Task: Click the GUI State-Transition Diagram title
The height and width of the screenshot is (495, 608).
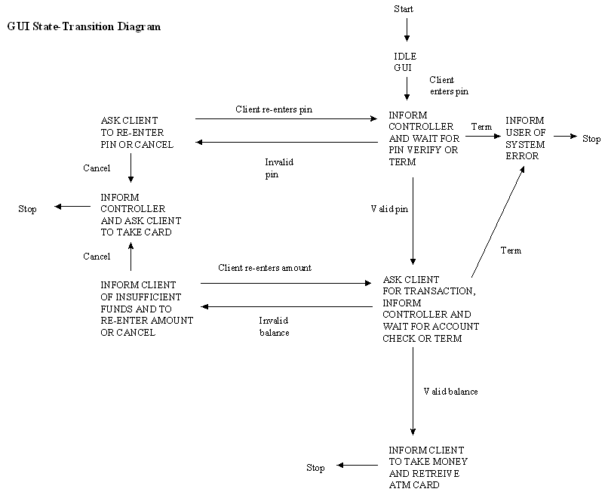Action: pyautogui.click(x=84, y=26)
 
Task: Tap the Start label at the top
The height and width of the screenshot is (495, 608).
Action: pyautogui.click(x=404, y=9)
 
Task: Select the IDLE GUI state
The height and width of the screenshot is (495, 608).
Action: pyautogui.click(x=405, y=62)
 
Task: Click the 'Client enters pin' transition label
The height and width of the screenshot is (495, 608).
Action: pyautogui.click(x=449, y=85)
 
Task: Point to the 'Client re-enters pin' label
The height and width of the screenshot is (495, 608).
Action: pyautogui.click(x=274, y=109)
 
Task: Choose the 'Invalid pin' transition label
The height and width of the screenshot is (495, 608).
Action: pyautogui.click(x=278, y=168)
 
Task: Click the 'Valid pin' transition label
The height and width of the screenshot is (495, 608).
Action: pyautogui.click(x=389, y=208)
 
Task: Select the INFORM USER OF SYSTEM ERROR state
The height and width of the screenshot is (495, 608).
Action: pyautogui.click(x=525, y=138)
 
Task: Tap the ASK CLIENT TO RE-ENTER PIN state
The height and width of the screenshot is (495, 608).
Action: pyautogui.click(x=137, y=132)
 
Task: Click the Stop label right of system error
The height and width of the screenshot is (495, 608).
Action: pyautogui.click(x=591, y=139)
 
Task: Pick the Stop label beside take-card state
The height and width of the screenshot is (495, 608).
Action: pyautogui.click(x=27, y=209)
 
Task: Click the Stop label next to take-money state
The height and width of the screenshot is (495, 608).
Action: pyautogui.click(x=315, y=468)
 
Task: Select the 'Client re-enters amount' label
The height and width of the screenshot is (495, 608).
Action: pyautogui.click(x=265, y=268)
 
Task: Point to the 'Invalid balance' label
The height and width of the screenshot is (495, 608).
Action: pyautogui.click(x=269, y=325)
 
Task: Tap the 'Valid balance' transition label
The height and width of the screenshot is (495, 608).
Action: pyautogui.click(x=450, y=391)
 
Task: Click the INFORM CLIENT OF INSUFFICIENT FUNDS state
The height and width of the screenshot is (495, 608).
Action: pyautogui.click(x=146, y=309)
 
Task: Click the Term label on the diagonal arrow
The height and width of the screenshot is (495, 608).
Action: pyautogui.click(x=511, y=250)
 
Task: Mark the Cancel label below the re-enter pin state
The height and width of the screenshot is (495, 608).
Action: pyautogui.click(x=97, y=168)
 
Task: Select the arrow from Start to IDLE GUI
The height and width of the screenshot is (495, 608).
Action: pyautogui.click(x=407, y=29)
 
